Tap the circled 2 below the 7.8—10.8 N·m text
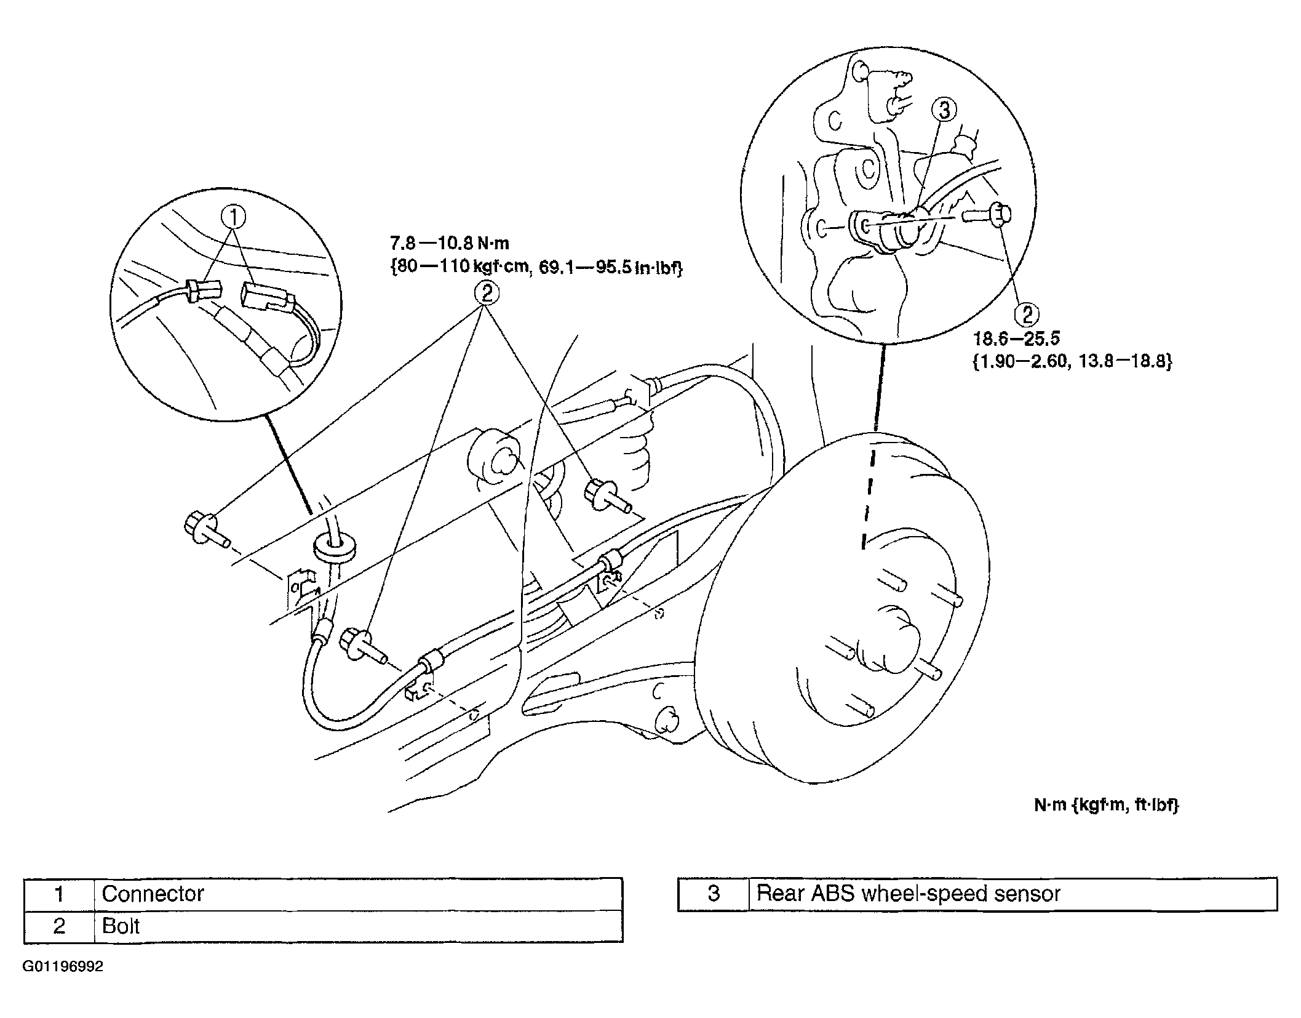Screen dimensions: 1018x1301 (x=486, y=293)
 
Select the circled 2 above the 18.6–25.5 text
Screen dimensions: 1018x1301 (x=1027, y=315)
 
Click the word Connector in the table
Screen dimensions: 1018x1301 (x=153, y=894)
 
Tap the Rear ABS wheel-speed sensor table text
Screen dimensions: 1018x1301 (x=909, y=894)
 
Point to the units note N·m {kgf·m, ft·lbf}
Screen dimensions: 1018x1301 (x=1106, y=805)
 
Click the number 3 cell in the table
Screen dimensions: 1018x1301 (x=713, y=894)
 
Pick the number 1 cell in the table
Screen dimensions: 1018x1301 (x=59, y=894)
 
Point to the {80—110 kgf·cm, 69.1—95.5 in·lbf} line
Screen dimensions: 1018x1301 (x=537, y=268)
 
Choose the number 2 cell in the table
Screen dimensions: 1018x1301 (x=59, y=926)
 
